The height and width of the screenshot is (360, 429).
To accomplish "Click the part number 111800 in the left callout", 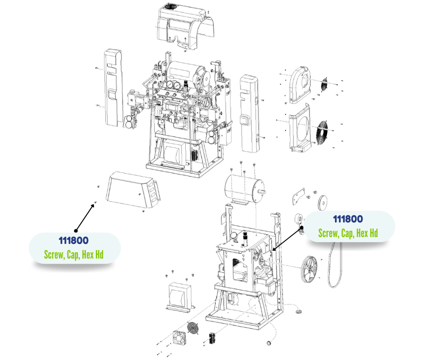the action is pyautogui.click(x=73, y=241).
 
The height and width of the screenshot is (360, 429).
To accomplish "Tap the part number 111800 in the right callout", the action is pyautogui.click(x=348, y=219).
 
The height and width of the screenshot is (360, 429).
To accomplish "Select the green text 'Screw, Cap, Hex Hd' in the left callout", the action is pyautogui.click(x=73, y=254).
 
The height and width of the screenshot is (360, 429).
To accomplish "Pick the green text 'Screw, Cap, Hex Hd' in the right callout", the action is pyautogui.click(x=348, y=233).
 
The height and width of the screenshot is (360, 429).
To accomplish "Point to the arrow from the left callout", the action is pyautogui.click(x=85, y=217).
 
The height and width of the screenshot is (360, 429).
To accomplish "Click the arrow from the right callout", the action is pyautogui.click(x=287, y=238).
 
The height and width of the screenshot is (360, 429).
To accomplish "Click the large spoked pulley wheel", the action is pyautogui.click(x=309, y=269).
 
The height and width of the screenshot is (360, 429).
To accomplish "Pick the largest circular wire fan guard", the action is pyautogui.click(x=323, y=132).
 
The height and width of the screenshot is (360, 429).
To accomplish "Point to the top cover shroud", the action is pyautogui.click(x=185, y=27).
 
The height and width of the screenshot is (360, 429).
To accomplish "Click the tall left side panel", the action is pyautogui.click(x=113, y=88).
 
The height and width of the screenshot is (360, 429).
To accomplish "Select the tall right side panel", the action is pyautogui.click(x=249, y=113).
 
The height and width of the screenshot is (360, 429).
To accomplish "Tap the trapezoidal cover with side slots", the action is pyautogui.click(x=133, y=190).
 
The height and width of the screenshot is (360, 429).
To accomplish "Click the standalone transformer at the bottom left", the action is pyautogui.click(x=180, y=297).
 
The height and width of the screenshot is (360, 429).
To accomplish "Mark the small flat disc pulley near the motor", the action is pyautogui.click(x=323, y=203).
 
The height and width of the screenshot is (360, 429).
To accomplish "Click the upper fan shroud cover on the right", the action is pyautogui.click(x=300, y=85).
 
